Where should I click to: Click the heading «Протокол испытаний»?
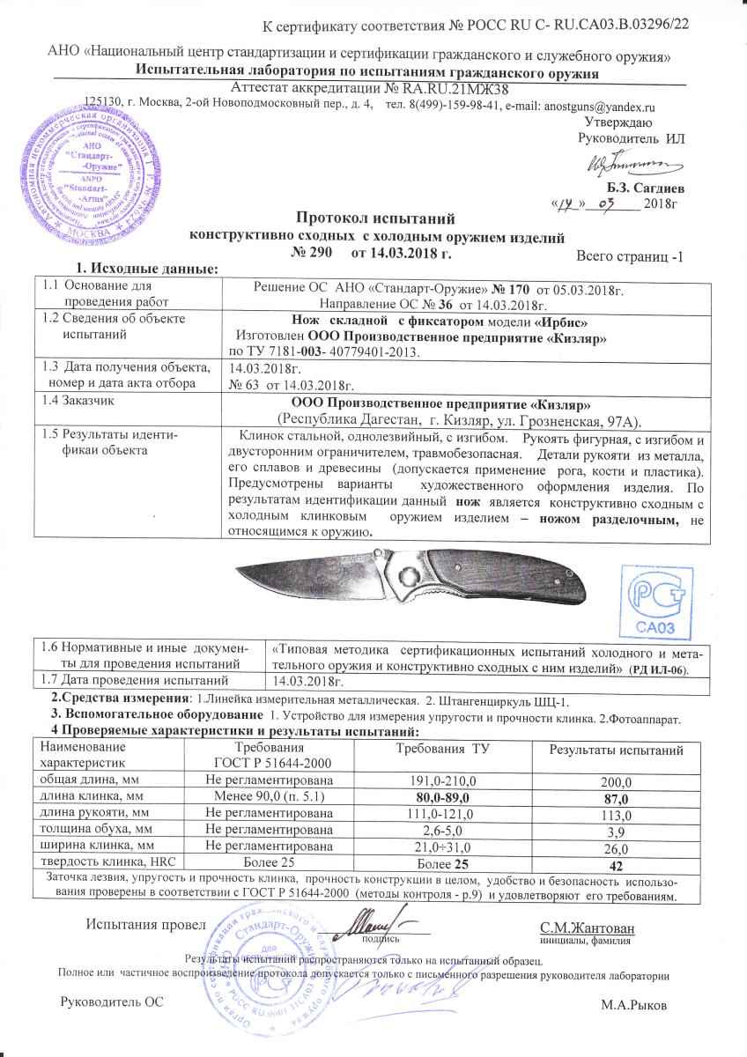(x=373, y=218)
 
